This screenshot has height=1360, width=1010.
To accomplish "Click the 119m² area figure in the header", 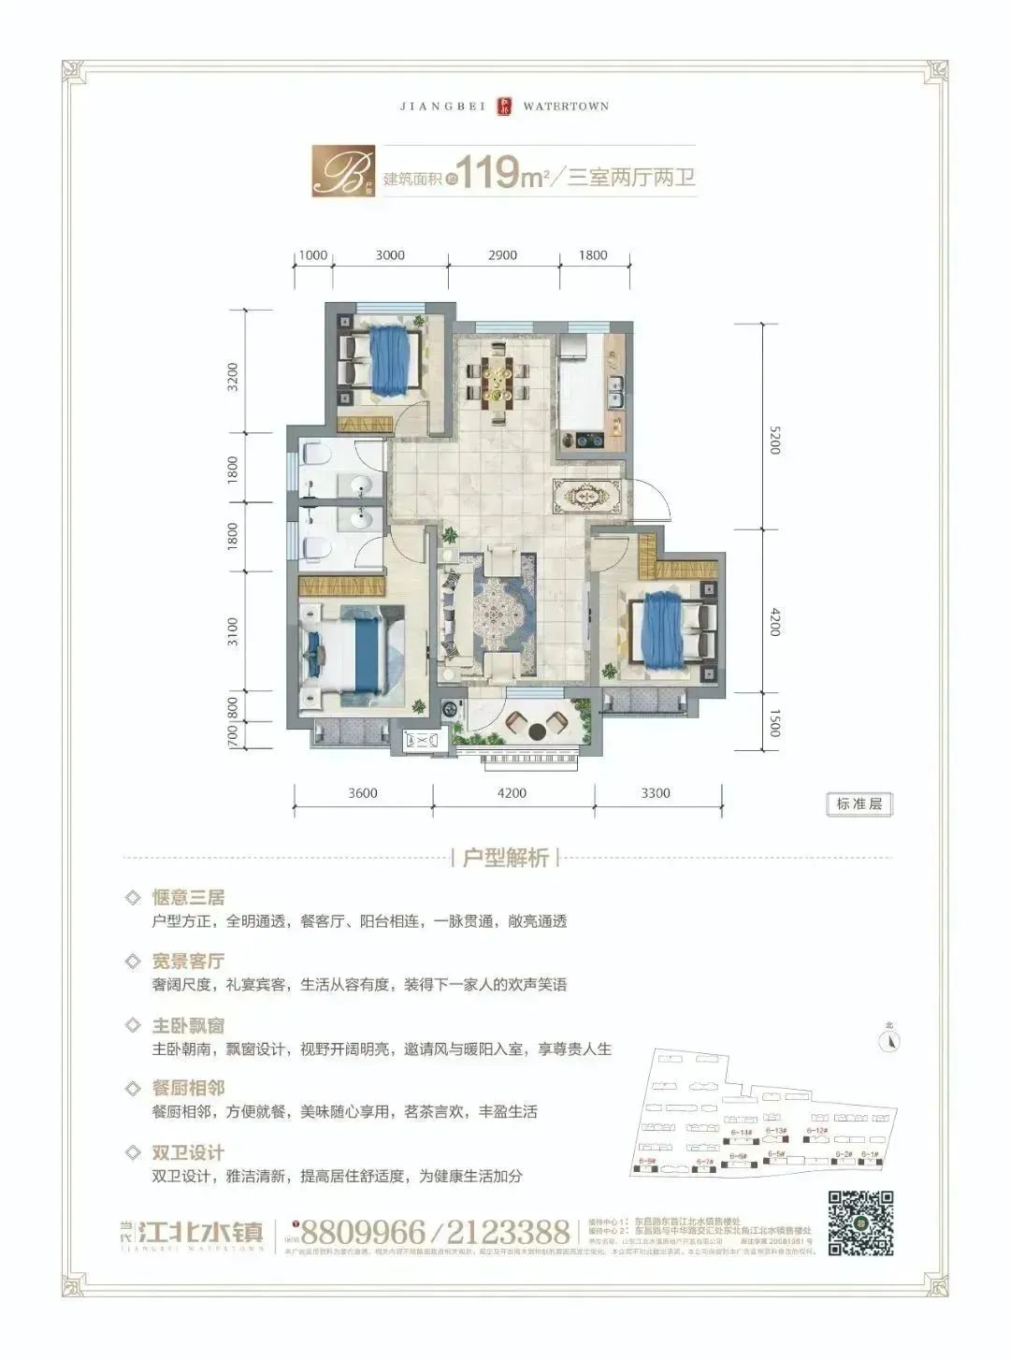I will tap(504, 174).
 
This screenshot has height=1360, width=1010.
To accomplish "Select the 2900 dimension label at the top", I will tap(502, 255).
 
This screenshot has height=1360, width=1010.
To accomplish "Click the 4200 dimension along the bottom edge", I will tap(512, 793).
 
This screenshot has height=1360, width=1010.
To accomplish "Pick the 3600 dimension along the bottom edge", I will tap(363, 793).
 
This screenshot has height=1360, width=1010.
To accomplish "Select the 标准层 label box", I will tap(859, 803).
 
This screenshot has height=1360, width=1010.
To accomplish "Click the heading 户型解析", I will tap(505, 858).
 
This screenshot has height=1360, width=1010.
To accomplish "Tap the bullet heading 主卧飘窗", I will tap(189, 1025).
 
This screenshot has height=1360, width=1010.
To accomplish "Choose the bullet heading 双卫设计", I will tap(189, 1152).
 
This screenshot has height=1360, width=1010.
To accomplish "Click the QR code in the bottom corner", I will tap(860, 1223).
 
